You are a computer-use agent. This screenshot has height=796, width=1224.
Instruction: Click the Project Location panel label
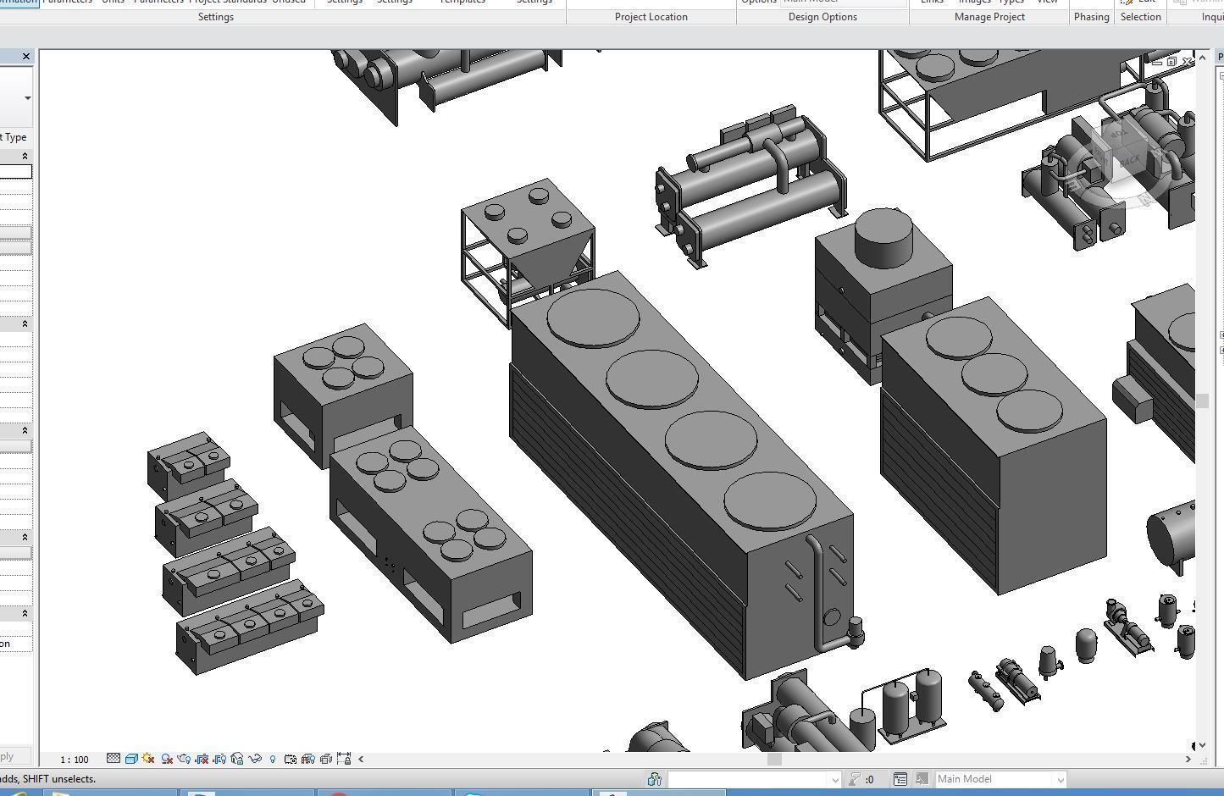point(651,17)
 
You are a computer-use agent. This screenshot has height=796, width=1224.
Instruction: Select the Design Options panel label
point(822,17)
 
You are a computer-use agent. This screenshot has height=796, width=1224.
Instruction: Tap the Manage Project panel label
point(989,17)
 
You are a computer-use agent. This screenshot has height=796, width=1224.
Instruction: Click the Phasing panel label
point(1091,17)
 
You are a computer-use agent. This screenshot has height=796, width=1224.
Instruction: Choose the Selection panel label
point(1140,17)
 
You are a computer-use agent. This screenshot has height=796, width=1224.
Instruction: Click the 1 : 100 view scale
point(75,760)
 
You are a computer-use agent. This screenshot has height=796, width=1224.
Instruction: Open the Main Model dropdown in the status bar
point(1059,779)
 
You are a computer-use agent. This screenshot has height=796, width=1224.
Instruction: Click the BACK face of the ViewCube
point(1129,161)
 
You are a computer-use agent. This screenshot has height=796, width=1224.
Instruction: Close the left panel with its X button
point(26,57)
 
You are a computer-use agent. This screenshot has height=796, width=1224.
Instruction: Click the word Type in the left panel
point(15,137)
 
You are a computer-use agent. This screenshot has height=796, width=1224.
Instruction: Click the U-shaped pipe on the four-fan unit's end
point(818,593)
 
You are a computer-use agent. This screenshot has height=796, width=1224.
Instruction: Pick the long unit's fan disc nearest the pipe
point(769,501)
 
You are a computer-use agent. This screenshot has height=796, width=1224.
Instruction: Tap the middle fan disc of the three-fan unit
point(994,374)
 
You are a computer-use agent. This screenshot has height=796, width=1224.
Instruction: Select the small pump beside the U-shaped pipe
point(855,628)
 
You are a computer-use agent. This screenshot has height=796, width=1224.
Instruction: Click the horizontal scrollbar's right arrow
point(1188,760)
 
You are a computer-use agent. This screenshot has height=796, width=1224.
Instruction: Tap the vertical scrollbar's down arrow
point(1202,745)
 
